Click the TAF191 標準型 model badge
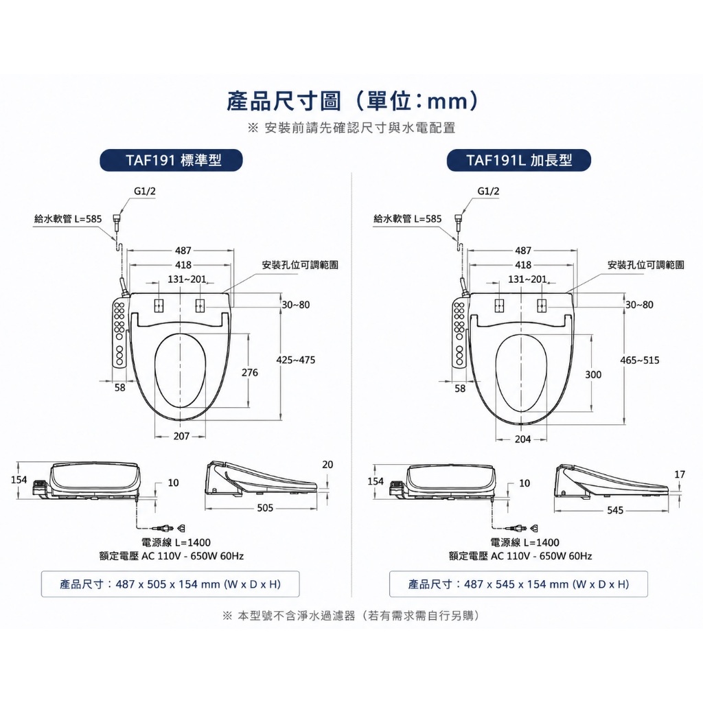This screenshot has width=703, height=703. [171, 160]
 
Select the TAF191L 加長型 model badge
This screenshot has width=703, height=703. [519, 160]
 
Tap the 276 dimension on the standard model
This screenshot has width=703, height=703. [250, 373]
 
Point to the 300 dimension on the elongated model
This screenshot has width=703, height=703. [593, 375]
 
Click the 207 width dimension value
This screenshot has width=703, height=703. [181, 436]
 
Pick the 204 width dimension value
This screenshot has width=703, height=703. [522, 439]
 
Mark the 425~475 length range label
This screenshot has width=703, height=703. [296, 360]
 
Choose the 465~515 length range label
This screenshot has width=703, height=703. [640, 360]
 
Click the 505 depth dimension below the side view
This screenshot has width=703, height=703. [265, 508]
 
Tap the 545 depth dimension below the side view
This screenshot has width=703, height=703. [615, 511]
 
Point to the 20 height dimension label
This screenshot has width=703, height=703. [327, 465]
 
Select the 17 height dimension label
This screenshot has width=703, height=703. [680, 474]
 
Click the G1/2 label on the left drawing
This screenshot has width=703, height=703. [145, 191]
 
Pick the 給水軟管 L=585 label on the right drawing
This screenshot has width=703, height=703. [408, 219]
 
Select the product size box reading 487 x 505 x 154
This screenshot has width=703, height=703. [170, 584]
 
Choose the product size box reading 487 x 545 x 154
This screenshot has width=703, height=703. [518, 584]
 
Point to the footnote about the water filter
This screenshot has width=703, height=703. [351, 616]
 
